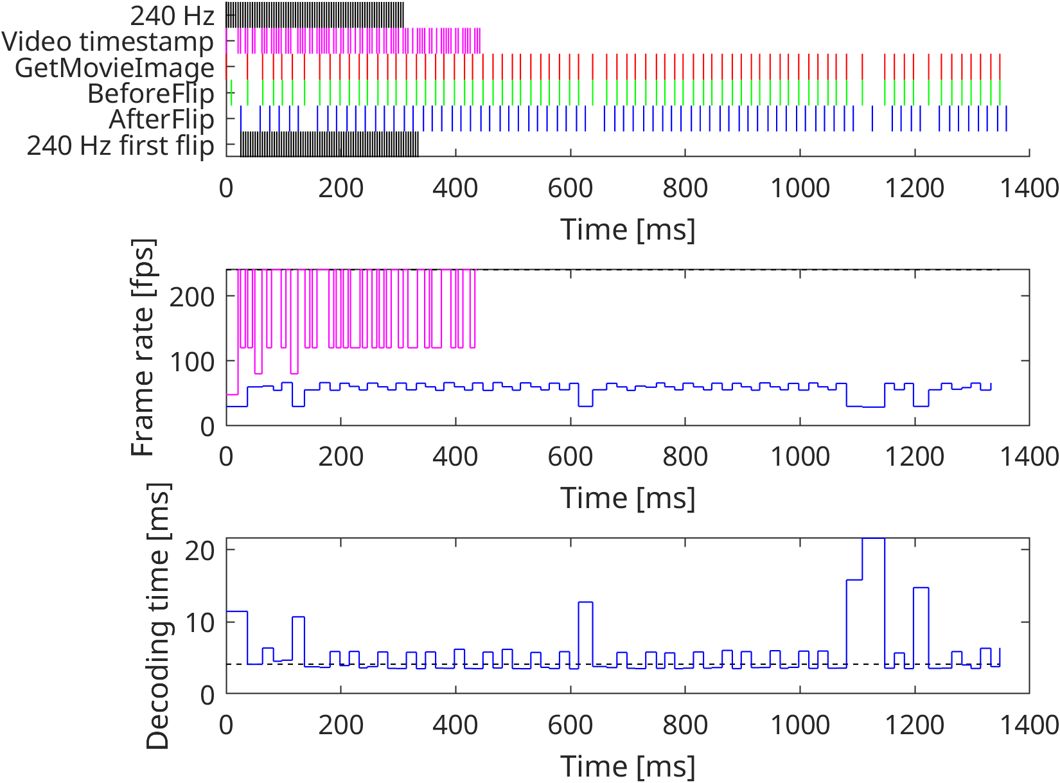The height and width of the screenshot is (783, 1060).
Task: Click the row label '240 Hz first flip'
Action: [x=120, y=146]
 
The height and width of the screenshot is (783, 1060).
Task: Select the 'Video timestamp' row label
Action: [x=107, y=42]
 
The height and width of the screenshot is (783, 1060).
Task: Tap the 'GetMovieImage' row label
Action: [x=114, y=67]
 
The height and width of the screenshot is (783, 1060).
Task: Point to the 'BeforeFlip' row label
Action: [x=150, y=94]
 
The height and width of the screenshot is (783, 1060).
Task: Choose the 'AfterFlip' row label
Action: [x=161, y=119]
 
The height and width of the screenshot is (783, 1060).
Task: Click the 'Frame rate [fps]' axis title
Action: [x=143, y=348]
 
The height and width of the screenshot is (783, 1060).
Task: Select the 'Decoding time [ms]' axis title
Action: [x=157, y=616]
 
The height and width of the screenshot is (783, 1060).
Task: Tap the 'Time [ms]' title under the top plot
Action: [x=628, y=229]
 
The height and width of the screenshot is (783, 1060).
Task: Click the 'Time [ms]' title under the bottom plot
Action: [x=628, y=766]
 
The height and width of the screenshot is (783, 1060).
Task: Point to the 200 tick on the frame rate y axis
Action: [x=191, y=297]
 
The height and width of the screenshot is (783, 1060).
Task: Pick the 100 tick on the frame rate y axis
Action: [x=191, y=362]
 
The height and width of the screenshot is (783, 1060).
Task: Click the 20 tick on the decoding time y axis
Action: [x=199, y=550]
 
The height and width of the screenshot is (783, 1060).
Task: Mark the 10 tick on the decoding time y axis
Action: [x=199, y=622]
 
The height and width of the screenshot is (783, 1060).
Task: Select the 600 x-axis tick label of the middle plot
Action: [x=570, y=457]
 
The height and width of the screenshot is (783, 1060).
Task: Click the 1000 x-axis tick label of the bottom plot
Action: [x=800, y=725]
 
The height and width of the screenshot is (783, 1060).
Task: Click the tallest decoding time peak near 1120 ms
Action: [x=873, y=539]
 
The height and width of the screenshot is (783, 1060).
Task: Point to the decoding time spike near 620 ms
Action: [x=585, y=603]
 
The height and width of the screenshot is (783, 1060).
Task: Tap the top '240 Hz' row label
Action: [x=172, y=15]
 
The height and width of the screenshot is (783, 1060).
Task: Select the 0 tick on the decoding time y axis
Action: [x=207, y=694]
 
